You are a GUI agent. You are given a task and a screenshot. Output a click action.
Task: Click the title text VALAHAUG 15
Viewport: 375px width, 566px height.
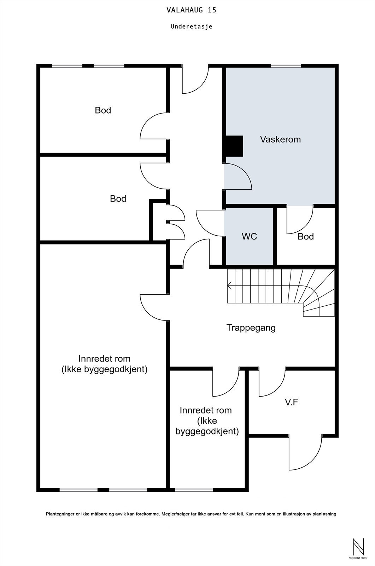coord(192,10)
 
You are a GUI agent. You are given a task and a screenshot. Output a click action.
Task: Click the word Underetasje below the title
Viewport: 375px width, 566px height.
coord(192,27)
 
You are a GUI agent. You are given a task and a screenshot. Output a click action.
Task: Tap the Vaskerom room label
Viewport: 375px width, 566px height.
coord(280,139)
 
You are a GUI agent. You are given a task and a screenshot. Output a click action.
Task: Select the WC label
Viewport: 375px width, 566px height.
coord(249,236)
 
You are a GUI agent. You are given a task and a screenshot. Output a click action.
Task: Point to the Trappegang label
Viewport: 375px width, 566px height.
coord(251,328)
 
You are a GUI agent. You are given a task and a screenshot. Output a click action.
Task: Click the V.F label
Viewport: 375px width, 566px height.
coord(292,402)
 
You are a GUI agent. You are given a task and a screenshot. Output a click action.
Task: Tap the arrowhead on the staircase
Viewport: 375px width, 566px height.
coord(229,286)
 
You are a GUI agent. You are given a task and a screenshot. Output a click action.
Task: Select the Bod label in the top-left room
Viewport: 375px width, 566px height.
coord(103,110)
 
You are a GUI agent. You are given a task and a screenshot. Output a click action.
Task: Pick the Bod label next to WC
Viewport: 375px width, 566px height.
coord(306,237)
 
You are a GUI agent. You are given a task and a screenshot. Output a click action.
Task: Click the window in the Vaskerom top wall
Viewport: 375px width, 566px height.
coord(286,66)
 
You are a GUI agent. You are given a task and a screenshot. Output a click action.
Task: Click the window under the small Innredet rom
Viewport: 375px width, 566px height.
coord(194,490)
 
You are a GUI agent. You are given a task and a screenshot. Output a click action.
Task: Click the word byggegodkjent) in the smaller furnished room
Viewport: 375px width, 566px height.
coord(207,431)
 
